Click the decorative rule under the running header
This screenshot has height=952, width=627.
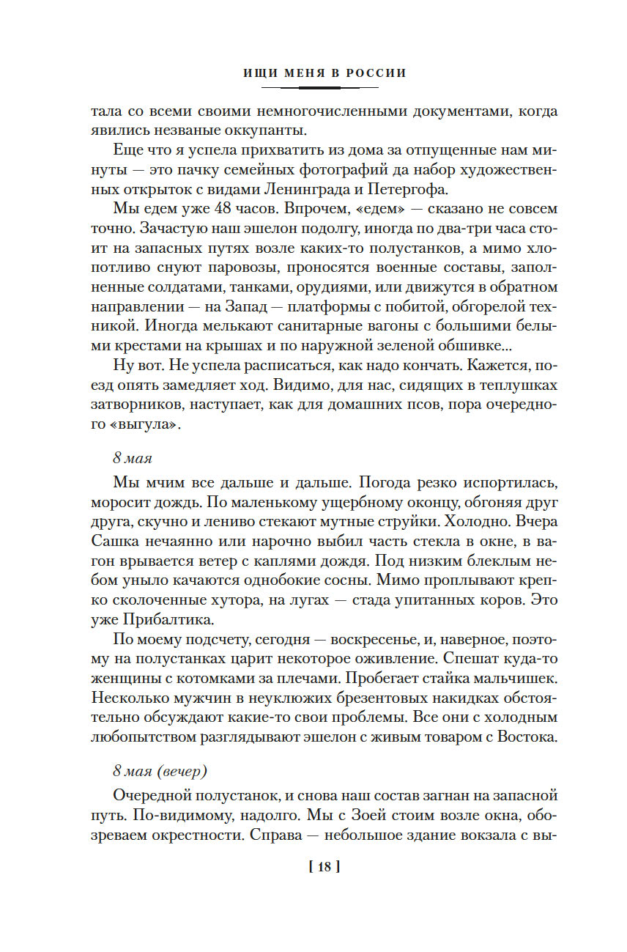pos(320,88)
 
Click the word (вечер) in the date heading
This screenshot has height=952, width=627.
pos(181,771)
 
